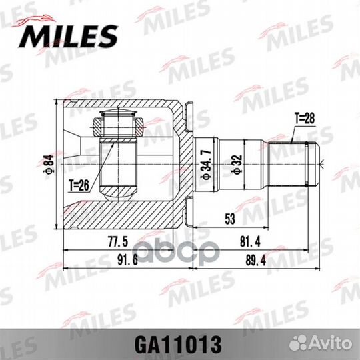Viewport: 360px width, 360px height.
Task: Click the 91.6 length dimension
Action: pos(125,261)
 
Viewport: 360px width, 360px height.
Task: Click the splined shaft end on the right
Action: pos(303,163)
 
